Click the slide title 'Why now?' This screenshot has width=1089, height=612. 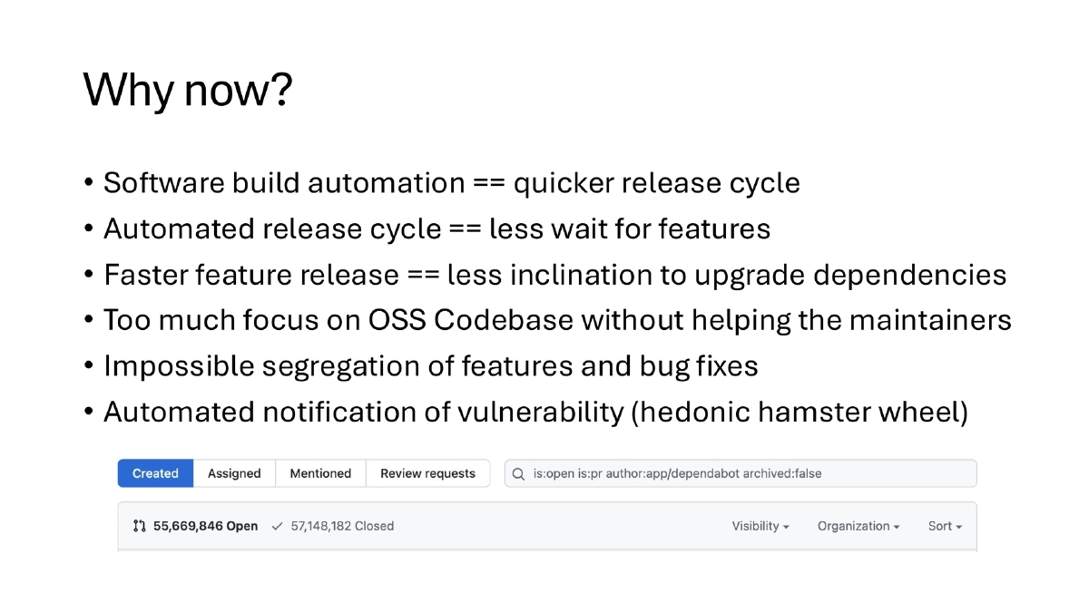click(187, 90)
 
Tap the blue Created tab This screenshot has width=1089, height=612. click(155, 473)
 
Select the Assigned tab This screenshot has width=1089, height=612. click(234, 473)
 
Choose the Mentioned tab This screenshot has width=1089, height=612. click(320, 473)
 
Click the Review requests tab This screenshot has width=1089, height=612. click(427, 473)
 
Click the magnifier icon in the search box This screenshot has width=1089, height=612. click(518, 473)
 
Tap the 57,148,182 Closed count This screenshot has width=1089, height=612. click(342, 526)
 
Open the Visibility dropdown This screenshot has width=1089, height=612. click(760, 526)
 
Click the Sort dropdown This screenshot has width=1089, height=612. click(945, 526)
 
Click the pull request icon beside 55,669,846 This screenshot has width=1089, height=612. click(139, 526)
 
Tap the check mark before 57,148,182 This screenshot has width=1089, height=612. click(278, 526)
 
